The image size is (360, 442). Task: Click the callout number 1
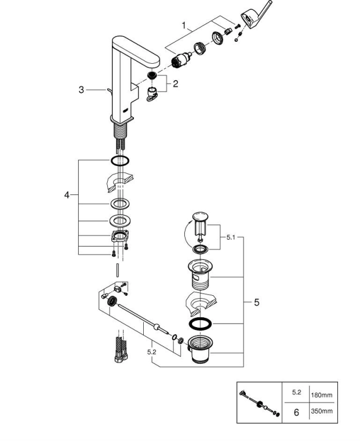tap(184, 26)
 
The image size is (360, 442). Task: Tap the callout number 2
tap(176, 84)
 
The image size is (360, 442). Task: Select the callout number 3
tap(81, 90)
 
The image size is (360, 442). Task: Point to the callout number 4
tap(67, 195)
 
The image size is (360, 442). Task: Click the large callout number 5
tap(256, 302)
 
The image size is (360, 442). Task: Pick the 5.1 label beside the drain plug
tap(231, 237)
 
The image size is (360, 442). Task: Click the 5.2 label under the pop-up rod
tap(151, 352)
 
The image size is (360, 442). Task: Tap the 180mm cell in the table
tap(322, 395)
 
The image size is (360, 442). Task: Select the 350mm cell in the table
tap(322, 411)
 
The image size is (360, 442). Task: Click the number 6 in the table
tap(296, 412)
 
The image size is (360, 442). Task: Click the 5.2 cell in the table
tap(297, 392)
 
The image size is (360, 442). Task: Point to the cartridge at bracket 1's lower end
tap(180, 60)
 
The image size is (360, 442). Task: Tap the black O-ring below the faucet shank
tap(120, 161)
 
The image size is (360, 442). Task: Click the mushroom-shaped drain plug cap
tap(200, 217)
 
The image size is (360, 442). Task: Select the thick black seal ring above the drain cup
tap(200, 324)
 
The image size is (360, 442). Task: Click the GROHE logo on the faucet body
tap(126, 110)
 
